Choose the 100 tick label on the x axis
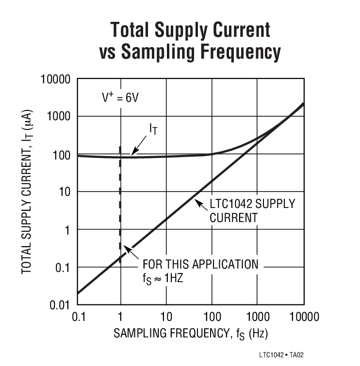212,318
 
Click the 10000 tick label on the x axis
303,318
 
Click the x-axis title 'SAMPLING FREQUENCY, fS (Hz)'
191,334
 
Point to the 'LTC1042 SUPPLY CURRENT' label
252,210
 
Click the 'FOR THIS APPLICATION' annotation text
200,265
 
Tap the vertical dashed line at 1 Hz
119,204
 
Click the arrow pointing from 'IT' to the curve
138,144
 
